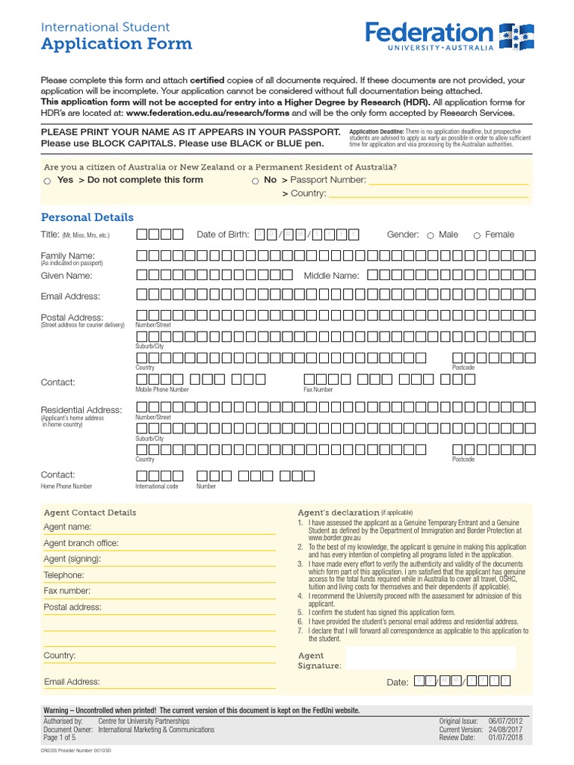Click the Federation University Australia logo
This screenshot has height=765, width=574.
(448, 35)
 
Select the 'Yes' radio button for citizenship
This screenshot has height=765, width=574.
(47, 181)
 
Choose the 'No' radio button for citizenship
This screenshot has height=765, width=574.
(255, 181)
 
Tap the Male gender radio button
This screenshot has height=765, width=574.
(430, 235)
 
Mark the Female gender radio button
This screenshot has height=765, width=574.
(476, 235)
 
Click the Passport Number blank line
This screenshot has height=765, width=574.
(448, 181)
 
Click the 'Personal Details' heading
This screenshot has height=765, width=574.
(87, 217)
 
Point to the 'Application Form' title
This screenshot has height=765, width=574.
(116, 44)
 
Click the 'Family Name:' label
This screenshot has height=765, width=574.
(67, 255)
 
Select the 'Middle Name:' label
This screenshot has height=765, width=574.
(331, 276)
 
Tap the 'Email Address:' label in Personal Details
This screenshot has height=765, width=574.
(70, 297)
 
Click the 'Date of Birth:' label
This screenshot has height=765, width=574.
(223, 235)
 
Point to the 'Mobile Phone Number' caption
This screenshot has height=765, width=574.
(161, 389)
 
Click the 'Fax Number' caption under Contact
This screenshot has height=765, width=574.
(318, 389)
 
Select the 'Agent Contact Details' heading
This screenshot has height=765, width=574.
(90, 512)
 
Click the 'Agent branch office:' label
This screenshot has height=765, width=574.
(81, 543)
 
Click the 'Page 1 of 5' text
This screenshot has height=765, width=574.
(61, 737)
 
